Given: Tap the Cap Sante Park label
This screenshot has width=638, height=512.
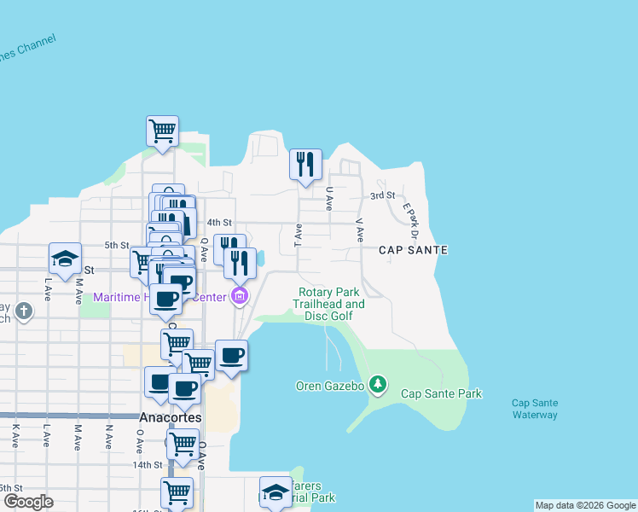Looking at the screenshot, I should point(442,393).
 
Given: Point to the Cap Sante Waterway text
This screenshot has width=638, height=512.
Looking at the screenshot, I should point(535,409).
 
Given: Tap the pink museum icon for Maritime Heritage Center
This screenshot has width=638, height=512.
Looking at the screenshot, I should point(240,297).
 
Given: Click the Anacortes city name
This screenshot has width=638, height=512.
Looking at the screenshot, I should point(170,418).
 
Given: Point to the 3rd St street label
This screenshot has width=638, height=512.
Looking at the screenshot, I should point(382,195).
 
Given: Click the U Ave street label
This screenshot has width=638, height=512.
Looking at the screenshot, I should point(329,199).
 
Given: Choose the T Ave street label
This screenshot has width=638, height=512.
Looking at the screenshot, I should point(299,235).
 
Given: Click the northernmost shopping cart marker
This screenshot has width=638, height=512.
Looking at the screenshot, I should point(162,131).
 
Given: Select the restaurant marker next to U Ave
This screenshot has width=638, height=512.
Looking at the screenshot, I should point(305,163).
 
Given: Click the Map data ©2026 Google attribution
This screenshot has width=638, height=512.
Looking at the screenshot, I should point(585,505).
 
